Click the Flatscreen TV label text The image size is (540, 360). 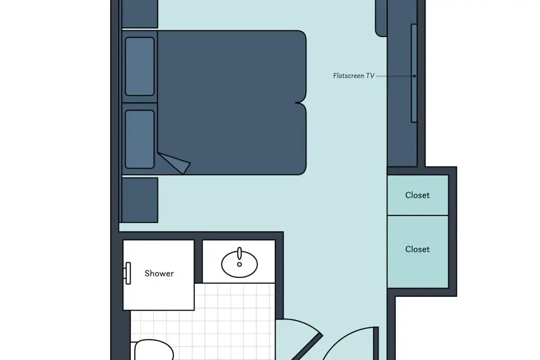(x=354, y=76)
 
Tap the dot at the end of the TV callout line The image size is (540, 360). (x=414, y=76)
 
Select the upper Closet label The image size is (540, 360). (x=417, y=195)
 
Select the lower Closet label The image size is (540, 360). (x=417, y=249)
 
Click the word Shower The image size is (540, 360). (x=159, y=274)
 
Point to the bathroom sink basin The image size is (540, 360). (x=239, y=264)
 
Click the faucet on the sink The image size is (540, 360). (x=239, y=253)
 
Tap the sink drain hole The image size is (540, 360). (x=239, y=264)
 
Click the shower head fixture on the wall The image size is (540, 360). (x=127, y=274)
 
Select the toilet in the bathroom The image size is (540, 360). (x=153, y=350)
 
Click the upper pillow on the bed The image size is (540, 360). (x=139, y=66)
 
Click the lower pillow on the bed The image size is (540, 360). (x=139, y=139)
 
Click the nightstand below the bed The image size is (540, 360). (x=140, y=200)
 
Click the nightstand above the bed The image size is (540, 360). (x=140, y=14)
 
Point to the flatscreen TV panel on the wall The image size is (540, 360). (x=414, y=73)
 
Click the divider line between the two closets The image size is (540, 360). (x=418, y=215)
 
